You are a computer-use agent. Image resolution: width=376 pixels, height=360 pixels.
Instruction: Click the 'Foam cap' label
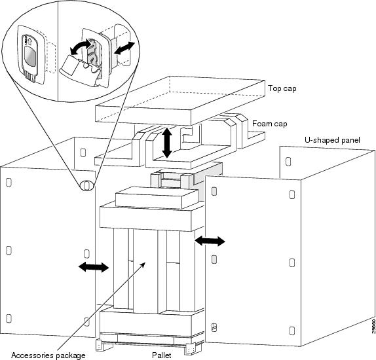pos(269,122)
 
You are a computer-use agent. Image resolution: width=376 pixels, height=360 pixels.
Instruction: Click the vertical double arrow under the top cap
pos(167,142)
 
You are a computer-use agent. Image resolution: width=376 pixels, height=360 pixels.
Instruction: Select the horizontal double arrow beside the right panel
pos(210,242)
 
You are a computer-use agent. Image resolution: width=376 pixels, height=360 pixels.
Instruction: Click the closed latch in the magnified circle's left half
pos(29,58)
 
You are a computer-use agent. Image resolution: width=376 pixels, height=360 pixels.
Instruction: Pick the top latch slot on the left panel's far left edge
pos(7,182)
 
